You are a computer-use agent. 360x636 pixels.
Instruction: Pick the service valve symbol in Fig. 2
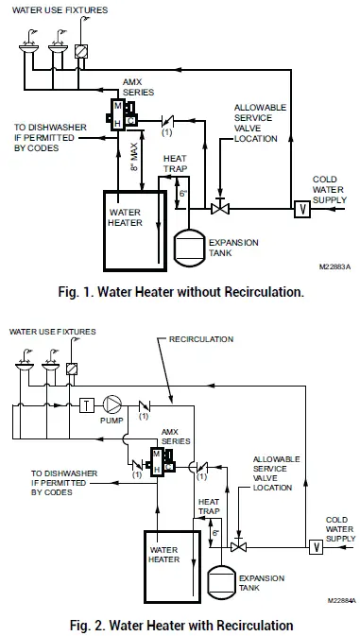pyautogui.click(x=239, y=546)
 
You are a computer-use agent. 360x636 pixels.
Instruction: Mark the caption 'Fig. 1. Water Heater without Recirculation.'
pyautogui.click(x=180, y=293)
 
